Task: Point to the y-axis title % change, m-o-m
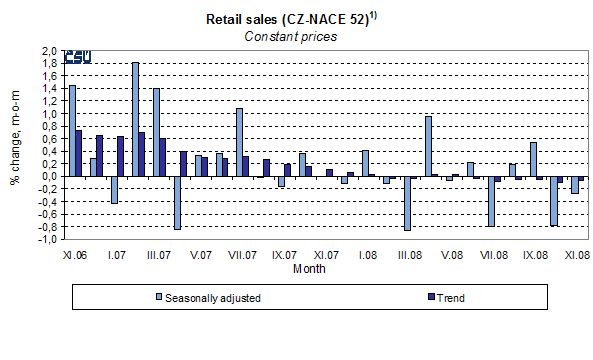click(x=16, y=146)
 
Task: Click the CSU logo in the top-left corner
click(x=77, y=57)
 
